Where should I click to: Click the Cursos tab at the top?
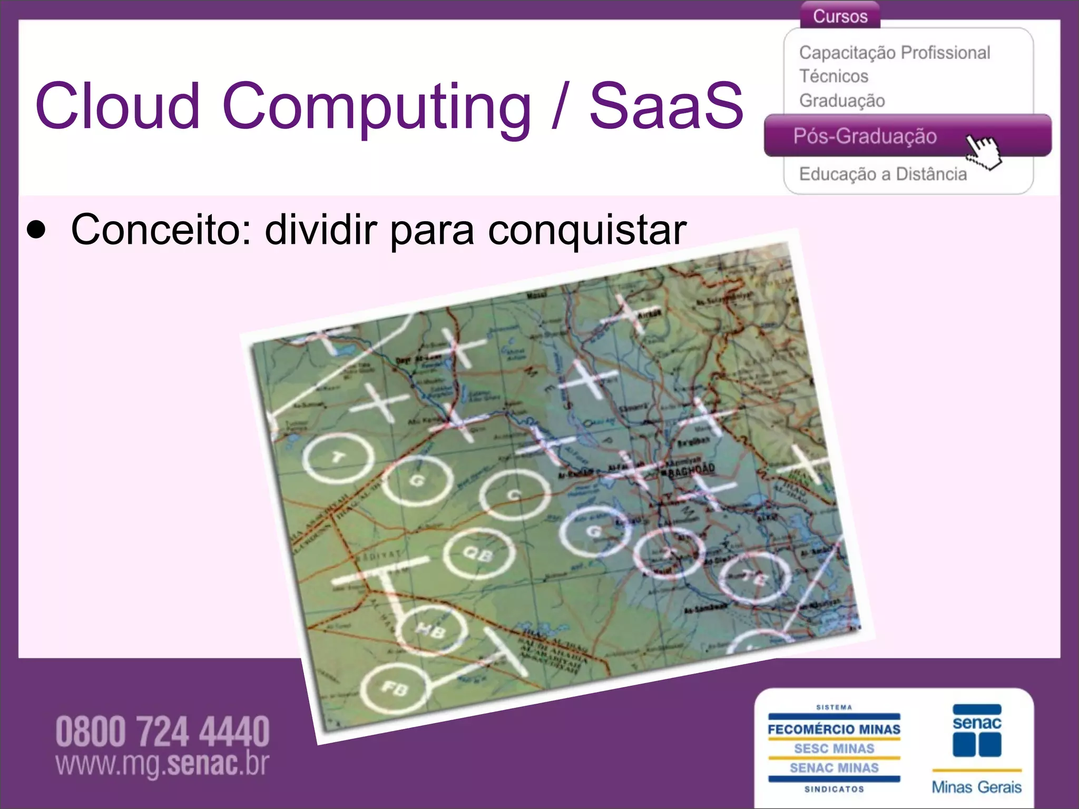click(x=840, y=16)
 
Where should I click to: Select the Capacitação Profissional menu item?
click(x=894, y=53)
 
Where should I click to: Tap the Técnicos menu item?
click(x=833, y=76)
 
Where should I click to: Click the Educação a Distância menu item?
click(x=882, y=174)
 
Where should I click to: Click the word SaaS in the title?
click(x=666, y=105)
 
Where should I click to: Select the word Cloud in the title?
click(x=117, y=105)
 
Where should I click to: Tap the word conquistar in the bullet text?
click(x=587, y=230)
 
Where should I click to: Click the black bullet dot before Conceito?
click(x=36, y=230)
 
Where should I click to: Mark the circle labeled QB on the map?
click(x=478, y=554)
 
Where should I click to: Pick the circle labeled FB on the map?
click(x=395, y=688)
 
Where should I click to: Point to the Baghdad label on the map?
click(x=691, y=469)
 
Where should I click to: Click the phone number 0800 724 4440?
click(x=162, y=732)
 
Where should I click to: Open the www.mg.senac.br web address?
click(x=162, y=764)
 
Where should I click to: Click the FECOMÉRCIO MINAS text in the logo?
click(x=834, y=729)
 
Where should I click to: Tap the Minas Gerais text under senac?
click(x=976, y=787)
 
